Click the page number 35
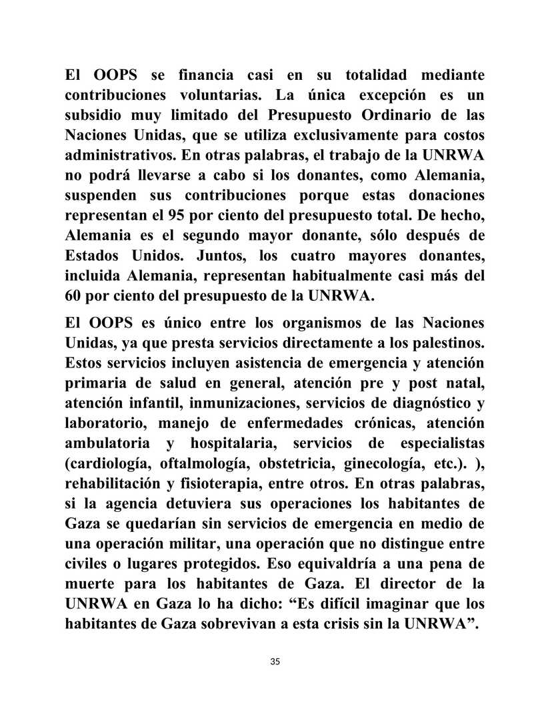coord(275,661)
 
